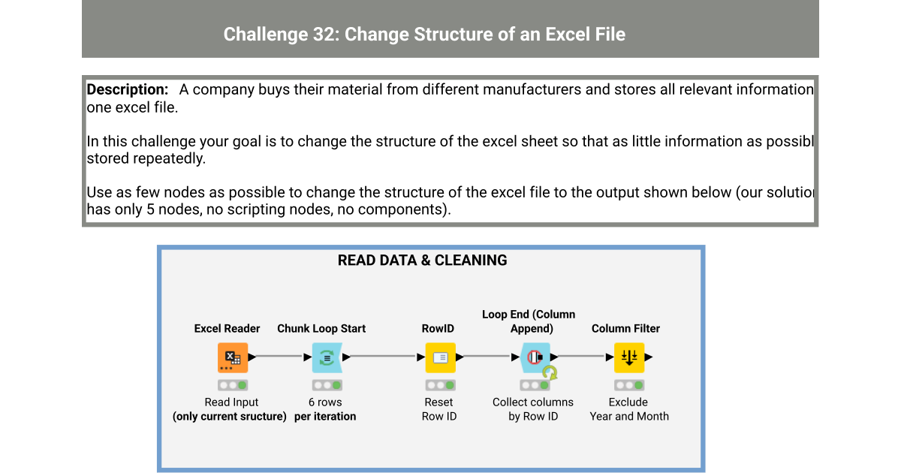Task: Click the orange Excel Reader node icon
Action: tap(233, 357)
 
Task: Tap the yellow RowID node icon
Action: tap(440, 357)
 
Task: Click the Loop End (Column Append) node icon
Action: tap(534, 357)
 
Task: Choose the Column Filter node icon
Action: tap(629, 357)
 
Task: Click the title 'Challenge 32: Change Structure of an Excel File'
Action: tap(424, 34)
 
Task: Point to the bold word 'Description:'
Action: tap(128, 89)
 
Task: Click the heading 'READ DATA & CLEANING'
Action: tap(422, 261)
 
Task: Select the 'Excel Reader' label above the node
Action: tap(227, 328)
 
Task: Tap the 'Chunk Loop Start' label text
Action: tap(321, 328)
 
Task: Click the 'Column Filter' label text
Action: tap(625, 328)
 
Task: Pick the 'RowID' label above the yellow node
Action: tap(438, 328)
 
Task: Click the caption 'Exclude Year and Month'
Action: tap(628, 409)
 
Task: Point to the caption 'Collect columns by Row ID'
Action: tap(532, 409)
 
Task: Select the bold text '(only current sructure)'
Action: tap(230, 417)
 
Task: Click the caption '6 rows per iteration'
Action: tap(324, 409)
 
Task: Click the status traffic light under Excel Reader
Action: tap(233, 385)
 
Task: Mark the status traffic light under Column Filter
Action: tap(629, 385)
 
